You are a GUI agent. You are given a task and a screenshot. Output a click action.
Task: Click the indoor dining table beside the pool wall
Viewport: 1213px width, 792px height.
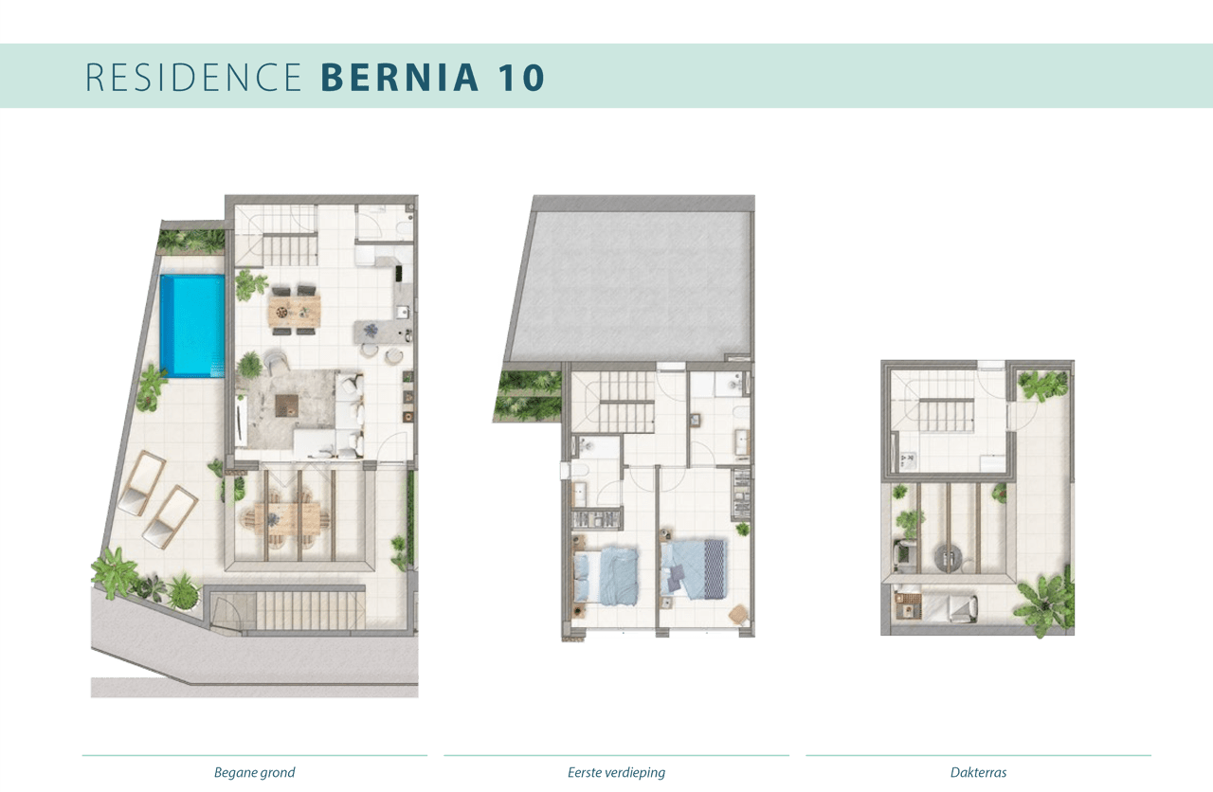pos(295,310)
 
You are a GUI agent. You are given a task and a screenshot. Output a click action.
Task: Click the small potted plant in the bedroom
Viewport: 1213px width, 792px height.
pos(741,529)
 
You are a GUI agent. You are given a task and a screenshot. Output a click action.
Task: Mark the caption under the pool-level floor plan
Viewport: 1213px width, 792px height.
pos(254,773)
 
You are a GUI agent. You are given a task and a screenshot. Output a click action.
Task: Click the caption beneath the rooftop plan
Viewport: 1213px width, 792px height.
pos(979,773)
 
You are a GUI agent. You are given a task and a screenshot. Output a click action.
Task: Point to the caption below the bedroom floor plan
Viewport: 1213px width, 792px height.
pos(616,773)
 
